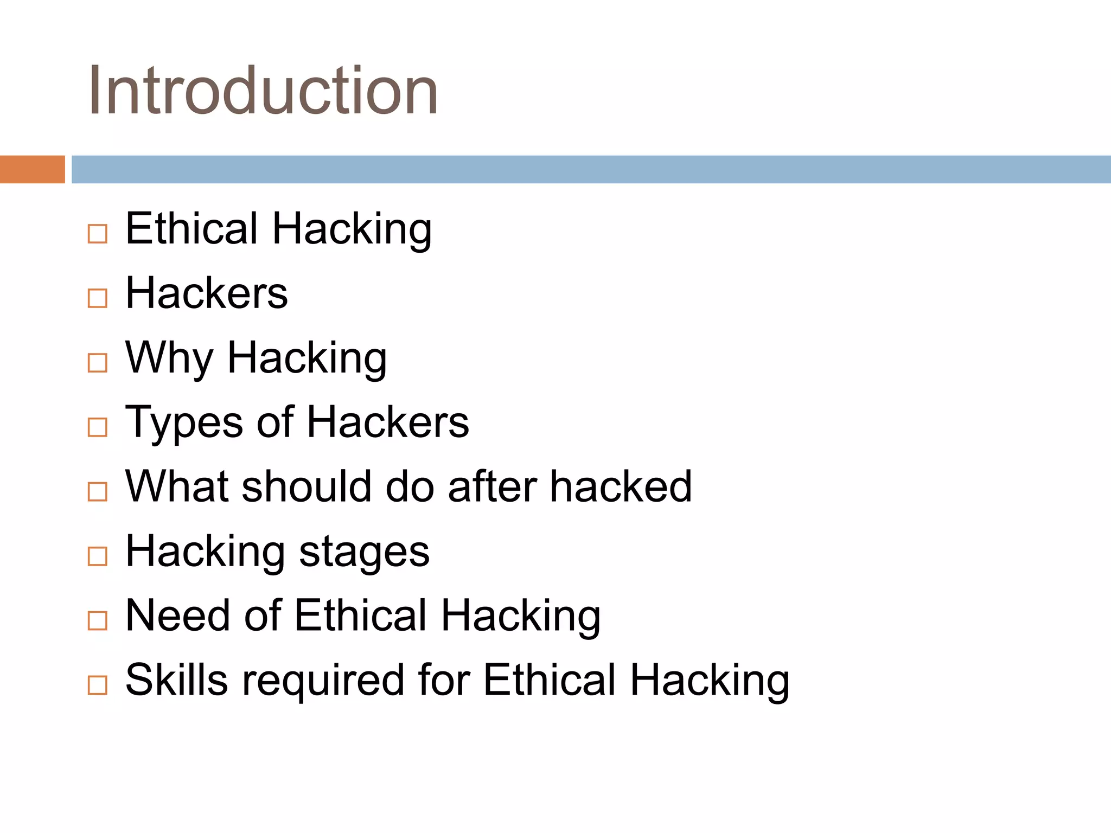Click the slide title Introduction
263,91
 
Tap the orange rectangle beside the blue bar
32,169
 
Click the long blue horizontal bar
591,169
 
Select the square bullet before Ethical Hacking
98,234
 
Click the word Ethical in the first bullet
191,228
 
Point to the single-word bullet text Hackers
206,293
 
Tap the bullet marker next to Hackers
98,298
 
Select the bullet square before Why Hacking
98,363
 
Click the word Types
184,422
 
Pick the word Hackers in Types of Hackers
387,422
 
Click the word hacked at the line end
621,486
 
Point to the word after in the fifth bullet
491,486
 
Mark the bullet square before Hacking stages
98,556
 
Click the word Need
178,616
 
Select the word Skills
176,680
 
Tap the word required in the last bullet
323,681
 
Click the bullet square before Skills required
98,685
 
